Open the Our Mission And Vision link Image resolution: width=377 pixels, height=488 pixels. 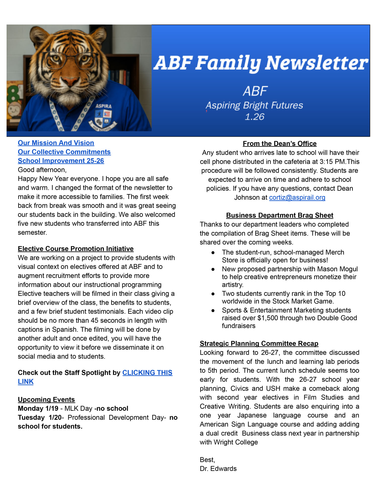pos(56,143)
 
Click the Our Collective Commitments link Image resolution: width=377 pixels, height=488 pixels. pos(64,152)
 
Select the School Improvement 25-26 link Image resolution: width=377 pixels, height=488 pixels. pos(61,161)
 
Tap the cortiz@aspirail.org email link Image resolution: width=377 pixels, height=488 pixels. pos(297,197)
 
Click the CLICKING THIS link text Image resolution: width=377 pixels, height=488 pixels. pos(147,373)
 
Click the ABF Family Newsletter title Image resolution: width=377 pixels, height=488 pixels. pos(261,63)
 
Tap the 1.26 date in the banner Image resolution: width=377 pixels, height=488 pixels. pos(254,117)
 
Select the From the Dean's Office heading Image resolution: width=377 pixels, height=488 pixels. pos(279,144)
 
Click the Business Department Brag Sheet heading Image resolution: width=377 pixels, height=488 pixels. pos(279,215)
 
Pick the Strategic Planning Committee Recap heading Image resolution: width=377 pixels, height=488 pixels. pos(259,343)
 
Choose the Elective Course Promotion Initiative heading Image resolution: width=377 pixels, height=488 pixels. pos(76,249)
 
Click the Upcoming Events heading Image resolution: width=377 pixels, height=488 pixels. pos(46,400)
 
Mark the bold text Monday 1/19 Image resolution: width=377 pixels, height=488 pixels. pos(38,409)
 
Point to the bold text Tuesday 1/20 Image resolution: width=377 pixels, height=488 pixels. pos(40,418)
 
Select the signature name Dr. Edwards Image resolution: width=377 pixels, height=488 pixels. pos(218,469)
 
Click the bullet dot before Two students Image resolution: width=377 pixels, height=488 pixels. pos(213,294)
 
